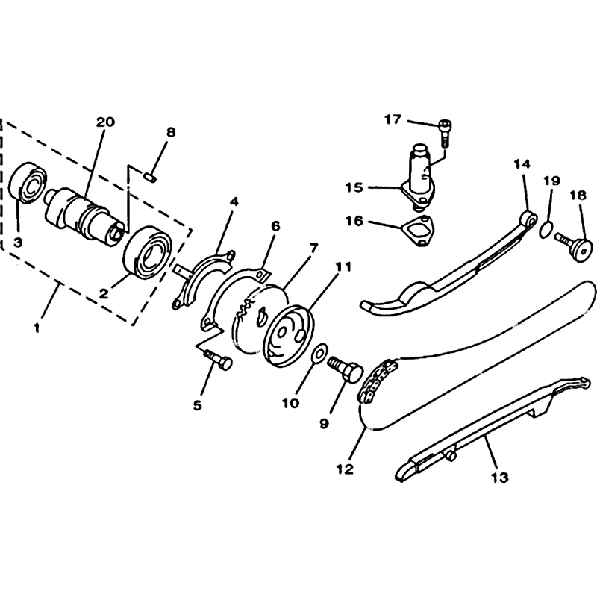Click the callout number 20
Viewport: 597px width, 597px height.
(105, 122)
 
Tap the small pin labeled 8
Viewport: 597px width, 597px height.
(149, 177)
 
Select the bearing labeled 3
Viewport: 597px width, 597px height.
(28, 183)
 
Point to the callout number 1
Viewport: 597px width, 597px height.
(37, 328)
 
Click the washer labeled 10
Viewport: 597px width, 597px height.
(319, 353)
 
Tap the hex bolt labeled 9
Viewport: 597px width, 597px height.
(346, 369)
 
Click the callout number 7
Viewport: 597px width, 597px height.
(313, 249)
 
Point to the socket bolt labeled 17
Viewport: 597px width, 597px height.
(444, 134)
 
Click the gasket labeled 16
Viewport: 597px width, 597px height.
(419, 231)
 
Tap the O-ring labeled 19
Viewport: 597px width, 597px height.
(546, 230)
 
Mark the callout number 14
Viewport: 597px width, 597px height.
(522, 164)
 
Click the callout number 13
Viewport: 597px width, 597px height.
(499, 477)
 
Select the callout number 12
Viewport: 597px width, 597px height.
(345, 469)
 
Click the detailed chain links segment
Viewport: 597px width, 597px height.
(378, 381)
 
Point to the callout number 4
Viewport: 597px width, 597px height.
(234, 202)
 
